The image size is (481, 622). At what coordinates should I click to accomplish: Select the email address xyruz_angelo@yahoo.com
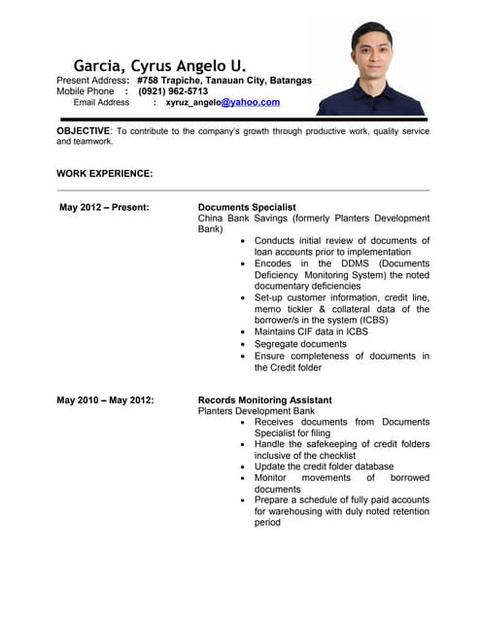point(223,102)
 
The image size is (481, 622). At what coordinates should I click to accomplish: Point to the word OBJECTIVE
point(83,130)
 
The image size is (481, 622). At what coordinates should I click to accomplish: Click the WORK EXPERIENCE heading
point(104,173)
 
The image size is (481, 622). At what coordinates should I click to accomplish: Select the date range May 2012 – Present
point(104,207)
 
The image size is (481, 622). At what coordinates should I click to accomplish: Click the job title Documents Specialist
point(247,207)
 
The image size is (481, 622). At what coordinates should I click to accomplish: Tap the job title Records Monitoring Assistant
point(264,399)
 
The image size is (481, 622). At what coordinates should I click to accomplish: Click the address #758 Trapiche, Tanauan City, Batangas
point(224,80)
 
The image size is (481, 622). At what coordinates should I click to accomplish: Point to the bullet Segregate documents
point(300,344)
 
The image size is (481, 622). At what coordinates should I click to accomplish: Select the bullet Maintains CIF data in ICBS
point(311,331)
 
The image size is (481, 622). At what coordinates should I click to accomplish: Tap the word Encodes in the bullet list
point(275,263)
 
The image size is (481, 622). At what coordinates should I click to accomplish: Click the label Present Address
point(92,80)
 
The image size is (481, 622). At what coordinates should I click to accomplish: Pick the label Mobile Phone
point(86,91)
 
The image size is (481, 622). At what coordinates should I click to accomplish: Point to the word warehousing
point(300,510)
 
